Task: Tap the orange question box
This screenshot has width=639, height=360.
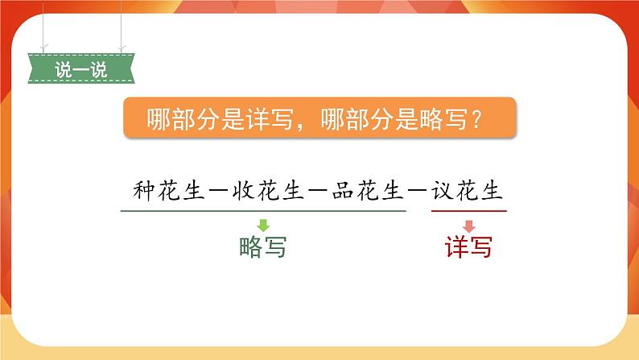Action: tap(319, 120)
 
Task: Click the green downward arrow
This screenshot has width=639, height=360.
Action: tap(262, 226)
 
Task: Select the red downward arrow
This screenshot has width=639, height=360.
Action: tap(468, 226)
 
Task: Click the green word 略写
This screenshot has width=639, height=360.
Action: tap(262, 247)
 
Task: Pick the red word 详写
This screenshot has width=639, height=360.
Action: tap(468, 247)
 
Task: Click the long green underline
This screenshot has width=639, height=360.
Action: tap(263, 212)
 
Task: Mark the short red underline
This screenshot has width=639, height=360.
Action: tap(468, 212)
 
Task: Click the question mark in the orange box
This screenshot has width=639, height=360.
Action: tap(476, 121)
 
